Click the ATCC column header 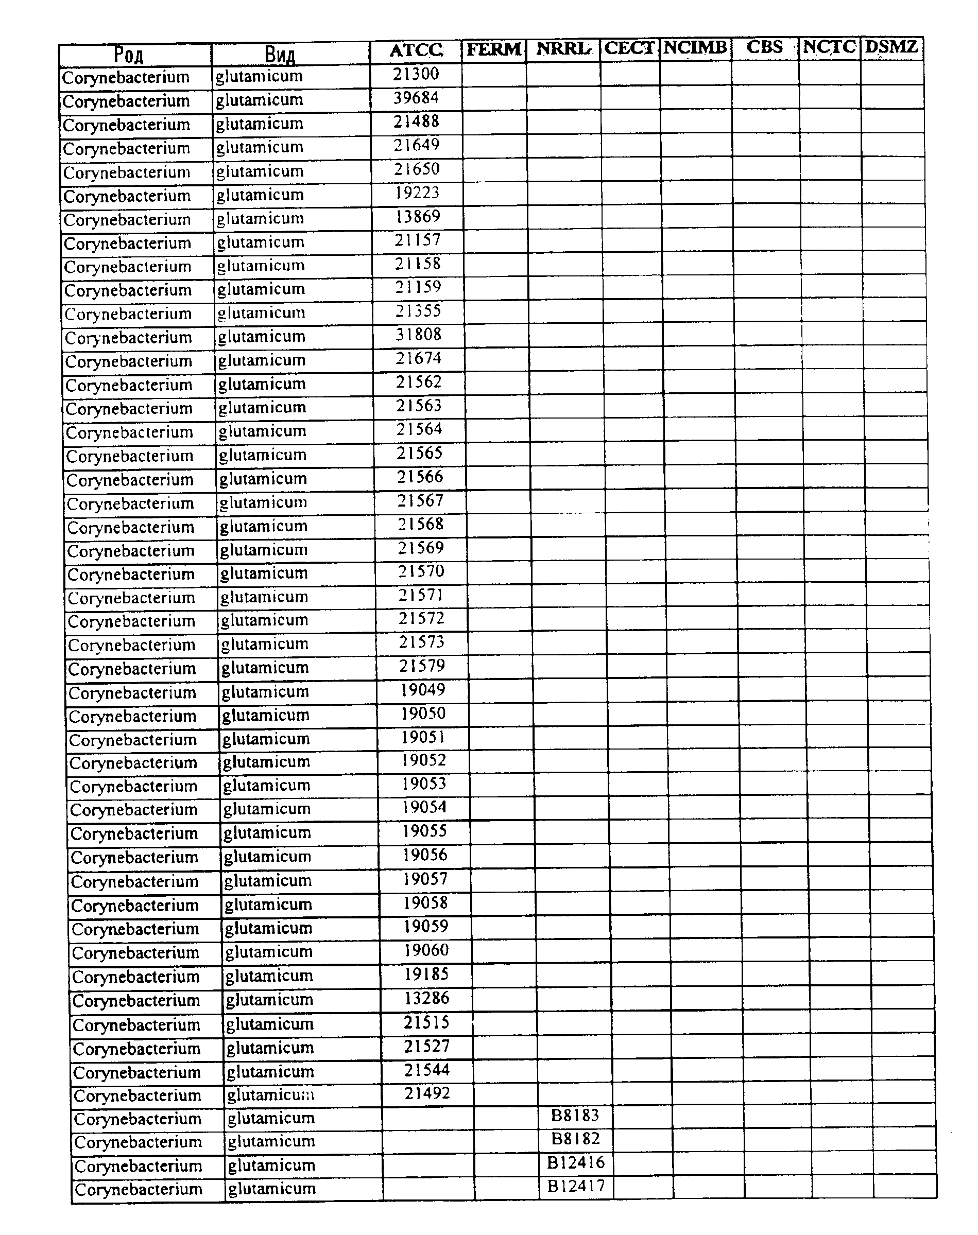click(x=416, y=51)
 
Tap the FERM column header click(x=493, y=50)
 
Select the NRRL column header click(x=563, y=49)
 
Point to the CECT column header click(x=629, y=48)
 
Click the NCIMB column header click(x=695, y=47)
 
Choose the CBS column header click(x=764, y=47)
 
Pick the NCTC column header click(x=829, y=47)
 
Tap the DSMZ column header click(x=891, y=47)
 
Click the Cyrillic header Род click(x=129, y=56)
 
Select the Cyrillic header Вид click(x=280, y=55)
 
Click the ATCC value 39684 click(x=416, y=98)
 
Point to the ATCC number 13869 click(x=418, y=216)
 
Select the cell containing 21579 click(x=422, y=666)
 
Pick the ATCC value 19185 click(x=426, y=974)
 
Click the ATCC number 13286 click(x=426, y=998)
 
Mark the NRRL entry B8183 click(x=575, y=1116)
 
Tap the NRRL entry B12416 click(x=575, y=1162)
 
